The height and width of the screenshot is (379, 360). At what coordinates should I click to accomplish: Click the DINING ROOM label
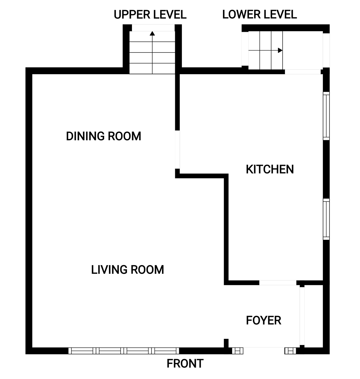click(x=103, y=136)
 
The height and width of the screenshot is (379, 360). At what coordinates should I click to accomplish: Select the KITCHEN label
click(x=270, y=169)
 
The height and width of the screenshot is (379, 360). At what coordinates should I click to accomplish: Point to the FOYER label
click(x=263, y=320)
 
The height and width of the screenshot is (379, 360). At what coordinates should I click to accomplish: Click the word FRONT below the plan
click(x=185, y=364)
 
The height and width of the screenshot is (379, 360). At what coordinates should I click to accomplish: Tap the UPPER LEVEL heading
click(x=150, y=14)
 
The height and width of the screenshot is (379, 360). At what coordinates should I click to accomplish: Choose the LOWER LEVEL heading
click(x=259, y=14)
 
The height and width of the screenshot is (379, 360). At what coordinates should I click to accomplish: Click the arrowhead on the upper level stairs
click(x=152, y=33)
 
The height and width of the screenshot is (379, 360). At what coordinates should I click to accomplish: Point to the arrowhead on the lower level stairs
click(x=280, y=50)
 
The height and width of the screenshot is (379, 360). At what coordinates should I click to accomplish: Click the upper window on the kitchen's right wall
click(x=326, y=116)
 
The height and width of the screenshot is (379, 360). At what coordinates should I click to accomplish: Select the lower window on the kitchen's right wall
click(x=326, y=219)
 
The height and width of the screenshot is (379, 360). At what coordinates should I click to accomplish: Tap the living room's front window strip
click(x=124, y=351)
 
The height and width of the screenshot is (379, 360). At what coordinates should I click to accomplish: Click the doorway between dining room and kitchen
click(x=177, y=149)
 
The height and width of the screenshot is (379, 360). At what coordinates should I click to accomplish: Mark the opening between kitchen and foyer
click(x=277, y=283)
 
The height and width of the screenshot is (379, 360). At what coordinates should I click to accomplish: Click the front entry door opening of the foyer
click(x=264, y=351)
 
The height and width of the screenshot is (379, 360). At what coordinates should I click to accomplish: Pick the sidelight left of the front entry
click(x=237, y=351)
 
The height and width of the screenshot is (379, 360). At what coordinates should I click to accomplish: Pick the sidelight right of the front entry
click(x=290, y=351)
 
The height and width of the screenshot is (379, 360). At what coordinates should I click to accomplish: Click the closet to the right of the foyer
click(x=313, y=316)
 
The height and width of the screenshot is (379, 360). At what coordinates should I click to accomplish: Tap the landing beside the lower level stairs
click(x=303, y=50)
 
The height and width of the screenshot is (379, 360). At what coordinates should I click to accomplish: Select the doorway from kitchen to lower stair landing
click(x=303, y=72)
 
